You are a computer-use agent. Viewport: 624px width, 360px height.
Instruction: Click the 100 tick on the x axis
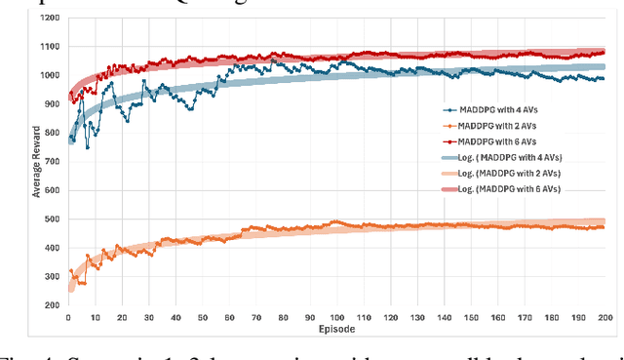pos(335,317)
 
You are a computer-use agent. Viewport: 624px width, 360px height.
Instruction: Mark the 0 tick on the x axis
pos(67,317)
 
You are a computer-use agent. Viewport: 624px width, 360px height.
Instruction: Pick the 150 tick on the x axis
pos(470,317)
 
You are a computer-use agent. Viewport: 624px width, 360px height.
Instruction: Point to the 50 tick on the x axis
pos(202,317)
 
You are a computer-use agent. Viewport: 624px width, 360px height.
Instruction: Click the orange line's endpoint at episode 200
pos(604,227)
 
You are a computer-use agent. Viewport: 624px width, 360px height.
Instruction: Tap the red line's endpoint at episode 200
pos(604,52)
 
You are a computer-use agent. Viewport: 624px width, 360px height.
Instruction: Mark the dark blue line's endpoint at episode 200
pos(604,79)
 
